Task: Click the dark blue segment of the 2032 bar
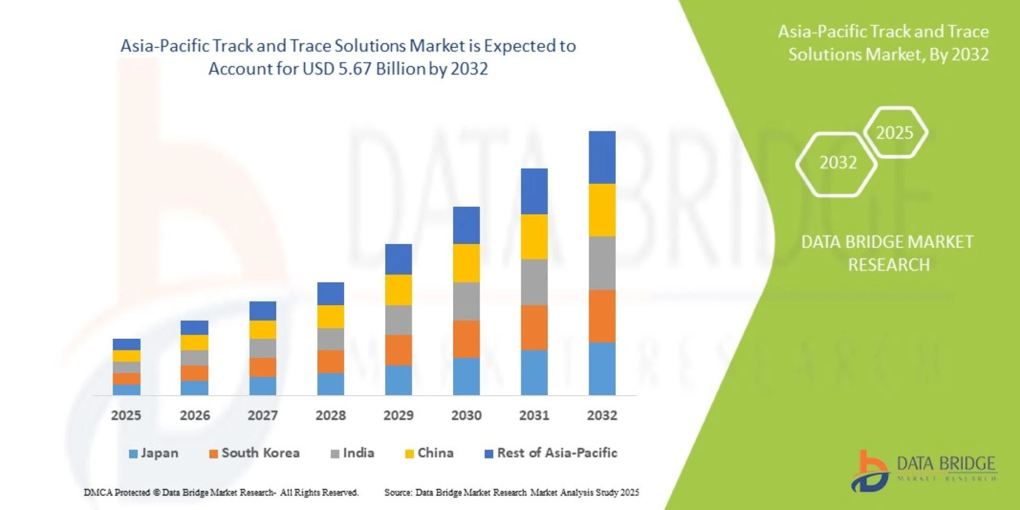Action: (x=602, y=157)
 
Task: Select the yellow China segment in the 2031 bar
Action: (x=534, y=237)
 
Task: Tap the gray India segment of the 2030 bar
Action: (x=466, y=301)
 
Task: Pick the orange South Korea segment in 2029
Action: (x=398, y=350)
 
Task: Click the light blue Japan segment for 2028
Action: (x=330, y=384)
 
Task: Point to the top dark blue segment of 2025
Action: (x=126, y=344)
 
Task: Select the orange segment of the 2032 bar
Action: (x=602, y=316)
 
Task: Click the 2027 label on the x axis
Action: (x=262, y=415)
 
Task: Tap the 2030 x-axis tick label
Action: (x=466, y=415)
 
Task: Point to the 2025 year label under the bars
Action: (x=126, y=415)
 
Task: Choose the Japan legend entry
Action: (x=154, y=453)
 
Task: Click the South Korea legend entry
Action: (x=254, y=453)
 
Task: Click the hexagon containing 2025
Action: (x=895, y=132)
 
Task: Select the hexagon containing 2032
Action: (x=838, y=163)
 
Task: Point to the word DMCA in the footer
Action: (x=98, y=492)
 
